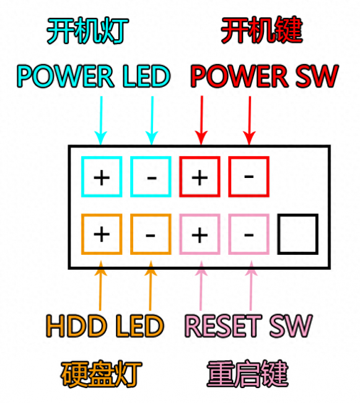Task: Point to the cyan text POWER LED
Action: pyautogui.click(x=94, y=76)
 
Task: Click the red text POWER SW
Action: pyautogui.click(x=265, y=76)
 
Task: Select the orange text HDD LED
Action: pyautogui.click(x=105, y=326)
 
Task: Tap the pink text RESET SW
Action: pyautogui.click(x=248, y=326)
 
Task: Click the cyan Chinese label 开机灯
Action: pyautogui.click(x=88, y=30)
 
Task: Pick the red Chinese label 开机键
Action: pyautogui.click(x=262, y=30)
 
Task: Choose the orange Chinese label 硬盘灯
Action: pyautogui.click(x=102, y=374)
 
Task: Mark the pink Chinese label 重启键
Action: pyautogui.click(x=248, y=374)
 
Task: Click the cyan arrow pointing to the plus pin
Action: pyautogui.click(x=101, y=120)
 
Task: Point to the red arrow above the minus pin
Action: pyautogui.click(x=250, y=120)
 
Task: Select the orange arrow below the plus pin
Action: pyautogui.click(x=100, y=286)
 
